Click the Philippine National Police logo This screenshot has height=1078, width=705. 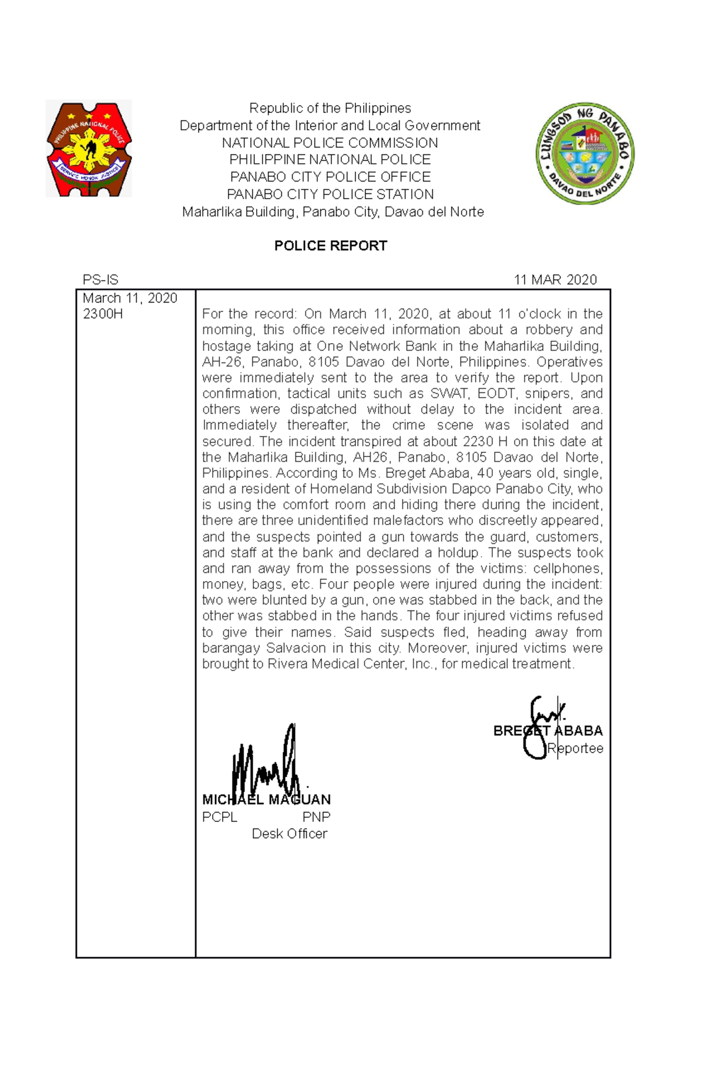tap(89, 149)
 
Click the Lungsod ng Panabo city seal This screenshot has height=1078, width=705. tap(585, 153)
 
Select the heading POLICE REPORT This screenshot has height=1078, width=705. tap(330, 246)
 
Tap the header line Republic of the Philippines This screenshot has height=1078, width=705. tap(330, 108)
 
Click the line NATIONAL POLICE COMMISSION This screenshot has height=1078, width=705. tap(330, 143)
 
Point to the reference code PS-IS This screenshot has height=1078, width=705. tap(100, 280)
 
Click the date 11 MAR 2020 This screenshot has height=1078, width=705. tap(555, 280)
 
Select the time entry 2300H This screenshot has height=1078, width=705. tap(103, 314)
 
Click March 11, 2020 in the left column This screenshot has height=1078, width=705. tap(130, 298)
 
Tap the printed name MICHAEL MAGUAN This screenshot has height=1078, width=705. tap(266, 800)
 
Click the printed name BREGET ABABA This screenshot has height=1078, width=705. tap(548, 731)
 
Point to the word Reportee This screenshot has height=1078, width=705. tap(575, 748)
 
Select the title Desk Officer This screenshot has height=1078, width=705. tap(289, 834)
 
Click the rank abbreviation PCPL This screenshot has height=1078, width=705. tap(219, 817)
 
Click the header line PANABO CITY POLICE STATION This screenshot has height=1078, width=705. tap(330, 194)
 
